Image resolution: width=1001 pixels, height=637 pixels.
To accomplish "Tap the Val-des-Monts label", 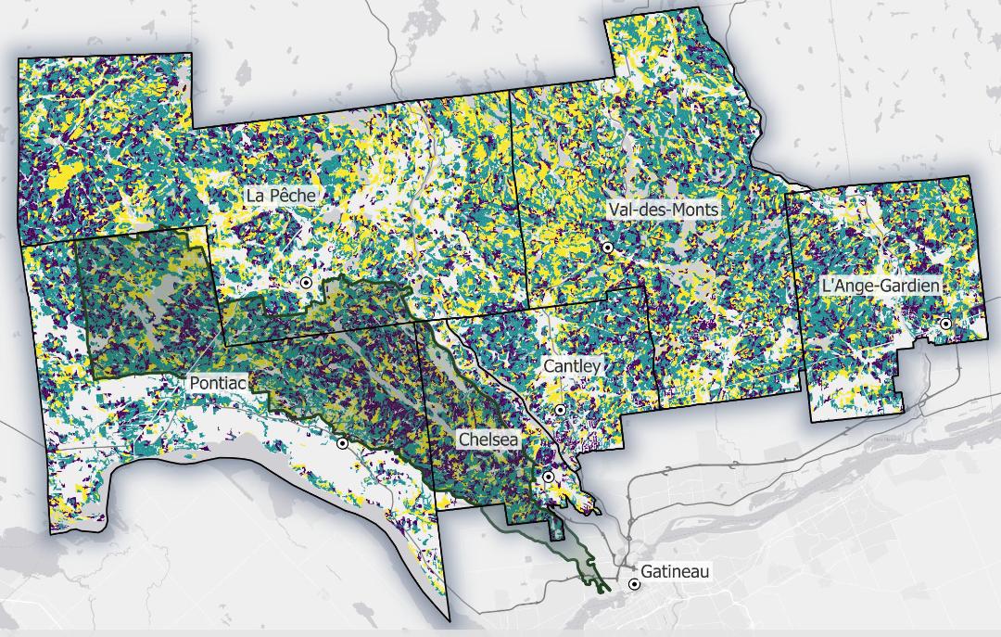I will [664, 210].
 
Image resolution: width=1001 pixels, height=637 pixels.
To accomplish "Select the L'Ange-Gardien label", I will [881, 286].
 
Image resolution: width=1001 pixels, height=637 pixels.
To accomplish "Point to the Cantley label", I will [573, 366].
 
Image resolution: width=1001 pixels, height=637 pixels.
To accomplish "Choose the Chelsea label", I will [488, 438].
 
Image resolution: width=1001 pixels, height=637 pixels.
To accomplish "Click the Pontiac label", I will [217, 382].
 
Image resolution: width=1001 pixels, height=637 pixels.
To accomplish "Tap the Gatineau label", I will [675, 571].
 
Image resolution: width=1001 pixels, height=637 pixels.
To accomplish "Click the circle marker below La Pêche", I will [306, 283].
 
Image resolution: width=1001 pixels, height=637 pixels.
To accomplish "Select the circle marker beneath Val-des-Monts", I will [608, 248].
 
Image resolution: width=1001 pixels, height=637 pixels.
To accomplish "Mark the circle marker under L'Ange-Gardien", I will [945, 324].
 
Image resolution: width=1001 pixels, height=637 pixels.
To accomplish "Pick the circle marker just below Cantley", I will [561, 409].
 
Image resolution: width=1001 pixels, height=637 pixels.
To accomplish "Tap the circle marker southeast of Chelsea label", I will [548, 477].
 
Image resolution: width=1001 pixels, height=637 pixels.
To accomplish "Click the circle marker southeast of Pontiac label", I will [343, 443].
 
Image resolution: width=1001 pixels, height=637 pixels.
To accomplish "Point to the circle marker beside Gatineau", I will [634, 584].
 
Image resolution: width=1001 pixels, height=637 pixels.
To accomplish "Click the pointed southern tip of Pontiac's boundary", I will [450, 619].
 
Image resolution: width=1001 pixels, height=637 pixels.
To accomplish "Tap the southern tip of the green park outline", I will [603, 587].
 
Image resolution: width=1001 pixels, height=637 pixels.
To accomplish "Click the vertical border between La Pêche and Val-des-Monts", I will [519, 185].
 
